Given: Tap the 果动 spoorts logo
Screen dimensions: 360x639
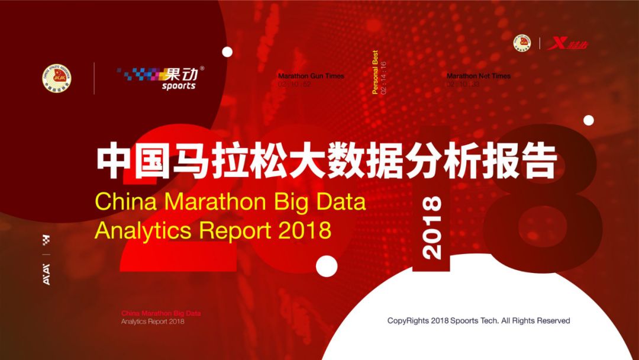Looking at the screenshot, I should [162, 78].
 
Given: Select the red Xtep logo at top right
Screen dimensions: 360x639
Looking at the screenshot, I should [569, 44].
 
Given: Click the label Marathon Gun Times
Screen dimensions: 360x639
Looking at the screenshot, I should [311, 76].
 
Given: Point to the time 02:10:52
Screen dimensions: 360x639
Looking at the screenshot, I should [294, 84].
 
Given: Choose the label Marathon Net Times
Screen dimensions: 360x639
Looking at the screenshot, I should [478, 76].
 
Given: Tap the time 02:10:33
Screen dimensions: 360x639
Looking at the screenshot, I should [463, 84].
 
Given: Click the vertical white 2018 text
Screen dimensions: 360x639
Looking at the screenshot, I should [433, 227].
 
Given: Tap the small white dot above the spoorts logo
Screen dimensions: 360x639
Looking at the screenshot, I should [227, 52].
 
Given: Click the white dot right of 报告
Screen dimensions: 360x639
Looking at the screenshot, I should [588, 120].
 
